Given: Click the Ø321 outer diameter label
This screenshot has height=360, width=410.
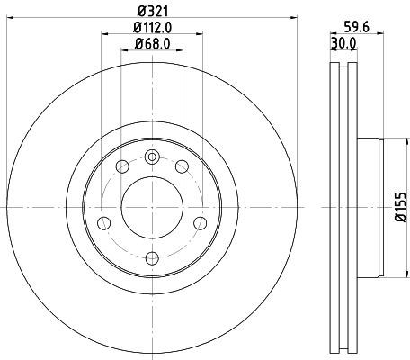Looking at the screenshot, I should pos(151,11).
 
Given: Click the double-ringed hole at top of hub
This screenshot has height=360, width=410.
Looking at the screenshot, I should pos(152,157).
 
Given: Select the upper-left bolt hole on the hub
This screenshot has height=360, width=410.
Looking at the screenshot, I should pos(121,166).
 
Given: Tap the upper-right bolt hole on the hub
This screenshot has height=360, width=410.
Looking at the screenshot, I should pos(183,166).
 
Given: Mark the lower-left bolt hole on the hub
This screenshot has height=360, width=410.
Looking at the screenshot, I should pos(103,222).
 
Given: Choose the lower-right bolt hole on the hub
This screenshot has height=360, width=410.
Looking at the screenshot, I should pos(200,222).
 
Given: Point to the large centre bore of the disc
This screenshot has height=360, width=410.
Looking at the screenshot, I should pos(152,207).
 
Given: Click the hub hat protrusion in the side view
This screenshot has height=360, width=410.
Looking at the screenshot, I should pos(370,207).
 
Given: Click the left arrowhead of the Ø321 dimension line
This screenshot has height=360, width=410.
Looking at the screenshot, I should pos(10,19).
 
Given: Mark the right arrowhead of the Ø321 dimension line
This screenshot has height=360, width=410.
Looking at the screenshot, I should pos(293,19).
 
